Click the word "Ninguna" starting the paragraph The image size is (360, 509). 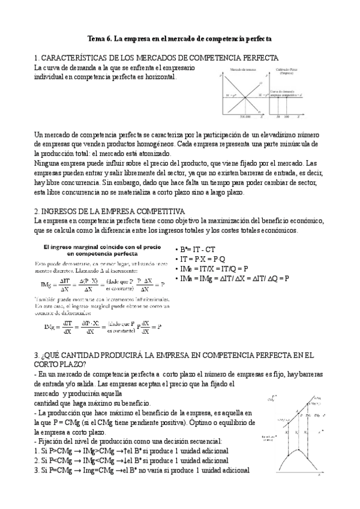pyautogui.click(x=49, y=163)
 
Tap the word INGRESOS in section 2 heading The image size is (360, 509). pyautogui.click(x=62, y=211)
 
